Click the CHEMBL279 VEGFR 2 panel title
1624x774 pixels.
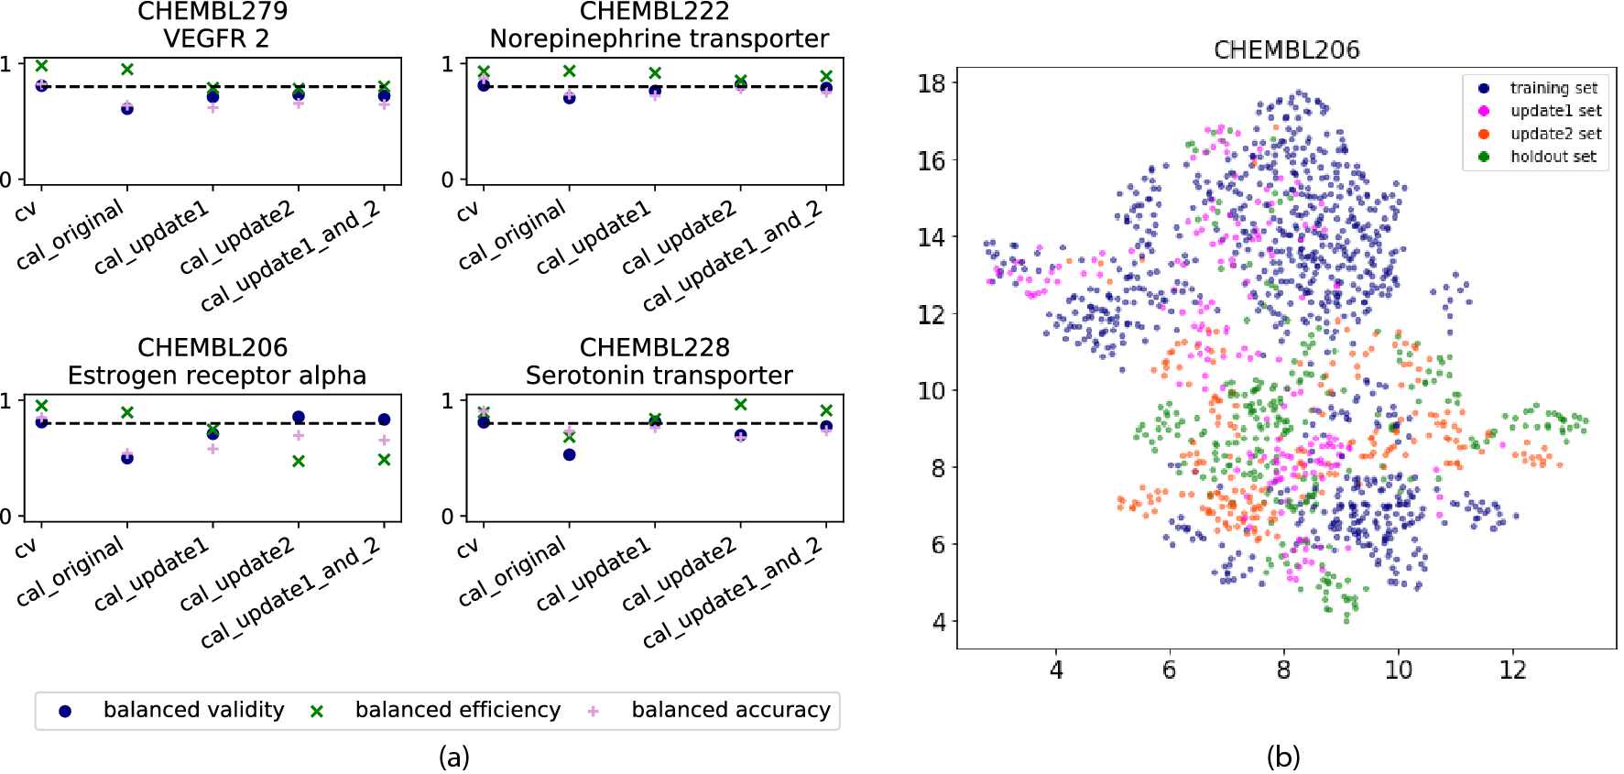point(213,25)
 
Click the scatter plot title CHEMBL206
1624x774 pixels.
point(1286,50)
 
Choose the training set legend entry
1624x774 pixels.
point(1553,88)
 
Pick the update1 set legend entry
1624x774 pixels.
point(1555,111)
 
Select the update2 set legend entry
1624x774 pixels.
point(1555,134)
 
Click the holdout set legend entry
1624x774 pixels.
point(1553,157)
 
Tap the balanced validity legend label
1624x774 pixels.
point(193,710)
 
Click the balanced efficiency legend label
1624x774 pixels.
point(457,710)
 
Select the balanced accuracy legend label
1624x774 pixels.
point(730,710)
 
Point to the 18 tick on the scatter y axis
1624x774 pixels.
point(932,83)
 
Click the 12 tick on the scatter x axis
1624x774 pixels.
point(1512,670)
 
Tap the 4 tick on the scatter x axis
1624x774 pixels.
point(1056,670)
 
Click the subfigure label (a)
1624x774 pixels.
point(453,757)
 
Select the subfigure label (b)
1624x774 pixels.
point(1282,757)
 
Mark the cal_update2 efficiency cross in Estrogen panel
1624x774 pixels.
point(299,462)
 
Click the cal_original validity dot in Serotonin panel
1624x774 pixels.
point(570,454)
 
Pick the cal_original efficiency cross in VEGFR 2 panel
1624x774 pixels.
point(127,70)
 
